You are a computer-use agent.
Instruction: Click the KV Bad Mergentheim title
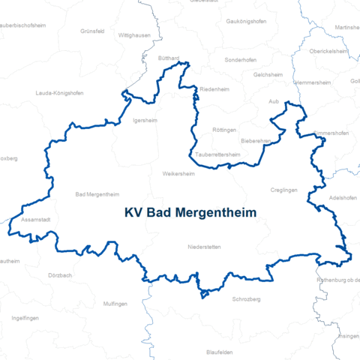pyautogui.click(x=190, y=213)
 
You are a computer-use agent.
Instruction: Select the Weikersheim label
pyautogui.click(x=178, y=173)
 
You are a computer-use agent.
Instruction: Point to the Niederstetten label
pyautogui.click(x=204, y=247)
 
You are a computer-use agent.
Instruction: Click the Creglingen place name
pyautogui.click(x=284, y=190)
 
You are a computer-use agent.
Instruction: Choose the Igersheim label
pyautogui.click(x=144, y=119)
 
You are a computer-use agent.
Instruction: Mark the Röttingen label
pyautogui.click(x=224, y=130)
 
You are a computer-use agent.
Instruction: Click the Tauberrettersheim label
pyautogui.click(x=218, y=154)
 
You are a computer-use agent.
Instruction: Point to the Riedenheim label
pyautogui.click(x=214, y=88)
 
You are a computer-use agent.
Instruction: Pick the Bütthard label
pyautogui.click(x=169, y=58)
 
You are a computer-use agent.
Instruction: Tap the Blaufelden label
pyautogui.click(x=219, y=351)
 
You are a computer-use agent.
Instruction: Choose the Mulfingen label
pyautogui.click(x=116, y=304)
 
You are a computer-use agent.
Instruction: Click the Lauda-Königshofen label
pyautogui.click(x=59, y=93)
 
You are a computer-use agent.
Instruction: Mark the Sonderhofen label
pyautogui.click(x=240, y=58)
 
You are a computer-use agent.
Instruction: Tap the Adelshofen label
pyautogui.click(x=343, y=198)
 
